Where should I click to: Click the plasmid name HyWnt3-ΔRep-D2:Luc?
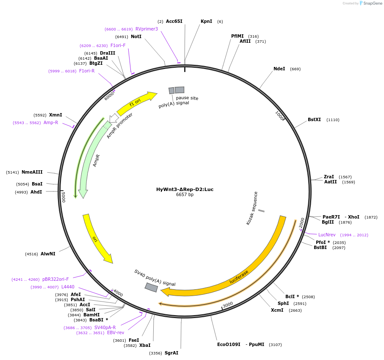[x=185, y=189]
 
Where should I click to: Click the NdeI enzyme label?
[x=279, y=69]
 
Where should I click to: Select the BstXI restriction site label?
[x=314, y=119]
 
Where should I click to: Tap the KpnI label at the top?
[x=206, y=21]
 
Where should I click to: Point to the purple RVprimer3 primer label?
[x=146, y=29]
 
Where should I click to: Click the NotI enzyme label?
[x=136, y=36]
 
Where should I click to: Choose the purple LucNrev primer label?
[x=327, y=235]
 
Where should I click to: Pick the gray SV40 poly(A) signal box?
[x=151, y=287]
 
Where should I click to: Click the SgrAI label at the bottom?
[x=171, y=353]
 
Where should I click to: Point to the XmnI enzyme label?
[x=55, y=115]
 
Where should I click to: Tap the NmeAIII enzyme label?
[x=32, y=172]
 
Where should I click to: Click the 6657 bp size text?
[x=185, y=195]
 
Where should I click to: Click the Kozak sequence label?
[x=252, y=208]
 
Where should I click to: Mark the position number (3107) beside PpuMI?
[x=275, y=344]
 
